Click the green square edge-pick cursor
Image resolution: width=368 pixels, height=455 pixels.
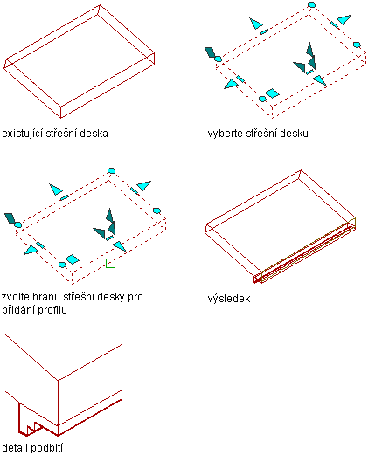point(110,263)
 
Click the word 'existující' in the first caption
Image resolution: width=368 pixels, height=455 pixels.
point(19,134)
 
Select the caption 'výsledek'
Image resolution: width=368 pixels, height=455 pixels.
point(229,299)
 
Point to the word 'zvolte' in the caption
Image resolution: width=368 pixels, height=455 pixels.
point(15,297)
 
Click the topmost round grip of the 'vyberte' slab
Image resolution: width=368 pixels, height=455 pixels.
point(311,4)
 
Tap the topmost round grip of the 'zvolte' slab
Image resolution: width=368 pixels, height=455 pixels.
point(111,171)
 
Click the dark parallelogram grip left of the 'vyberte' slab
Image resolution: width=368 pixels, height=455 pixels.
point(210,52)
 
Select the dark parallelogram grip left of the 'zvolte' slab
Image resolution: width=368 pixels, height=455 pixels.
point(10,218)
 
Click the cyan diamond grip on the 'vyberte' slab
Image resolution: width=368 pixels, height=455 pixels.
point(272,93)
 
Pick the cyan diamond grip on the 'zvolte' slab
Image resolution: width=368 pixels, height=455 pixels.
point(72,259)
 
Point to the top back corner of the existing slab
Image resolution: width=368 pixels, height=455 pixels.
point(100,5)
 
